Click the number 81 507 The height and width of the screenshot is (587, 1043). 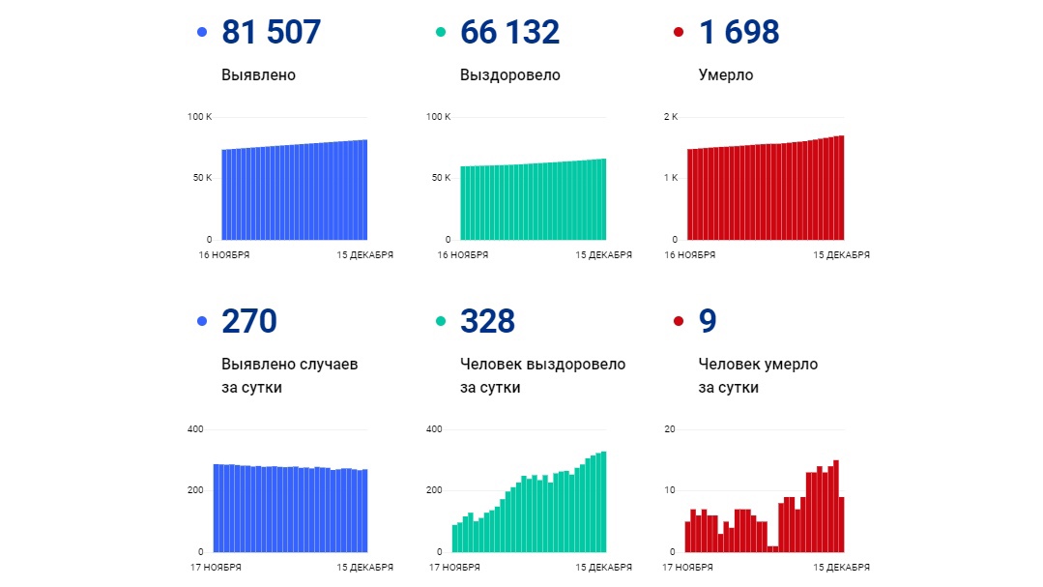click(x=271, y=33)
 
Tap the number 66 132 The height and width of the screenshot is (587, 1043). click(x=509, y=33)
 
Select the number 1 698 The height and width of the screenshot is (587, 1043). click(x=739, y=33)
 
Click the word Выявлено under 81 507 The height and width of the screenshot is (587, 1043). click(x=258, y=75)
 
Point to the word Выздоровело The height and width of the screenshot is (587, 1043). click(x=509, y=75)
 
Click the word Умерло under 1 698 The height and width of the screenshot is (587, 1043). click(x=725, y=75)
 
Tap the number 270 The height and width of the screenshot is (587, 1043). click(x=249, y=321)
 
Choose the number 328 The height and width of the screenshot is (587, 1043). click(x=487, y=321)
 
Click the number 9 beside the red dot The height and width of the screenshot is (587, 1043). click(x=708, y=321)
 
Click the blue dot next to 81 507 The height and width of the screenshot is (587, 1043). click(x=202, y=33)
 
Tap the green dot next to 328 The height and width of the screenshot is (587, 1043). click(x=441, y=321)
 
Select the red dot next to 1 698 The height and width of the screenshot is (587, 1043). click(x=678, y=33)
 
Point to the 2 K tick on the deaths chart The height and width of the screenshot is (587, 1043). click(x=670, y=117)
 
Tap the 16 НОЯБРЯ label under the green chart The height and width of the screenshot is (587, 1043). click(x=463, y=255)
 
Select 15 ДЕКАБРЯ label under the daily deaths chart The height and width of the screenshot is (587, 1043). click(x=842, y=568)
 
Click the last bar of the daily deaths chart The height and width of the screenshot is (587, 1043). click(x=841, y=524)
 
